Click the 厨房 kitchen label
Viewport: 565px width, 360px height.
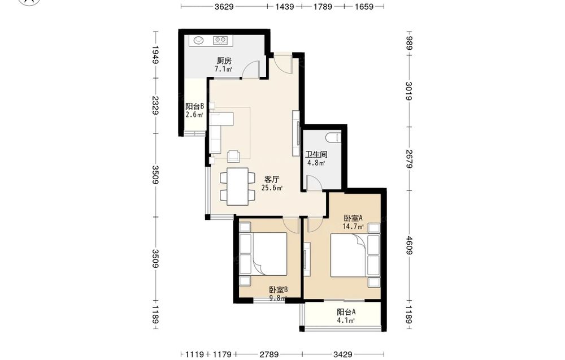[x=224, y=60]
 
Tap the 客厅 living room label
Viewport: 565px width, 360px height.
[x=272, y=180]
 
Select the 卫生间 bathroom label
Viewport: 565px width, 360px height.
[x=316, y=155]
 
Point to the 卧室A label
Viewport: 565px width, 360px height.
[x=353, y=218]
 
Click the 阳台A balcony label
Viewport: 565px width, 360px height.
[x=346, y=312]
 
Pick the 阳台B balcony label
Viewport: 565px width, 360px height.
[x=194, y=106]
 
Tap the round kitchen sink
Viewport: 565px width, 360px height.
[x=198, y=40]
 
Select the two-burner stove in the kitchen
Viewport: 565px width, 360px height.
[x=220, y=40]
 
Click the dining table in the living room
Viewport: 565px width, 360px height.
[x=237, y=186]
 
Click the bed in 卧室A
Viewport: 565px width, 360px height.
[x=349, y=256]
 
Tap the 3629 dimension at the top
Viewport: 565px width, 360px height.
[x=224, y=6]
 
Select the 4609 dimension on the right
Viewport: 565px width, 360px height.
[x=408, y=245]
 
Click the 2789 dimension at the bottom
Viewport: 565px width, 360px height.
[x=269, y=354]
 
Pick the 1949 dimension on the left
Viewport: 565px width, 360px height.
[x=156, y=54]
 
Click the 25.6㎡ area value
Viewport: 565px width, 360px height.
[x=272, y=188]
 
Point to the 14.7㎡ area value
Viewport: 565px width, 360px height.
[x=353, y=227]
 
